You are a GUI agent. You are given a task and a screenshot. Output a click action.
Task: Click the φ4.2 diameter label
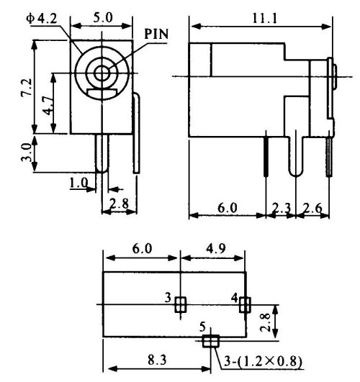(42, 19)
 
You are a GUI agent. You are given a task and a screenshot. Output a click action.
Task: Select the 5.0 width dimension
(102, 17)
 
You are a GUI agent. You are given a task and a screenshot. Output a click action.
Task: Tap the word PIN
(156, 34)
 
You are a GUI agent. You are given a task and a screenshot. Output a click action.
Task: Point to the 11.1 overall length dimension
(265, 18)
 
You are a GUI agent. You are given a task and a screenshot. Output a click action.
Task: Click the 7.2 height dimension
(27, 88)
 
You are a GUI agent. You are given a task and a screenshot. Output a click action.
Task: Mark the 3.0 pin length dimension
(26, 153)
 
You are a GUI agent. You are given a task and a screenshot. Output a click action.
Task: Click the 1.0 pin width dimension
(78, 183)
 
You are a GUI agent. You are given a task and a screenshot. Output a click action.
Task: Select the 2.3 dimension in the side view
(282, 208)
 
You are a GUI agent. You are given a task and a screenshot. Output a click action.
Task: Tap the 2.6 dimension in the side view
(312, 208)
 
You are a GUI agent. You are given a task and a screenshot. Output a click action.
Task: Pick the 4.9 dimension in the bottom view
(215, 249)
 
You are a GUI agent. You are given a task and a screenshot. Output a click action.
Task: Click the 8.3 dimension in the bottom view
(157, 360)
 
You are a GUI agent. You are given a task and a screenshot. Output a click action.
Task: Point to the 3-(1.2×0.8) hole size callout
(263, 361)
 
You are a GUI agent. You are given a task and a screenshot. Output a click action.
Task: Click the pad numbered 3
(181, 304)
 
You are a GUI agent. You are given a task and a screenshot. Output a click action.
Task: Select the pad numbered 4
(245, 305)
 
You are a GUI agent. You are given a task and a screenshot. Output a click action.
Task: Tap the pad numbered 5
(211, 341)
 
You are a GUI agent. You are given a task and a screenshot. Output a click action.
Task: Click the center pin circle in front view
(102, 73)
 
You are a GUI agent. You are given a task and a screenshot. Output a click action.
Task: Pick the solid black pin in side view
(266, 156)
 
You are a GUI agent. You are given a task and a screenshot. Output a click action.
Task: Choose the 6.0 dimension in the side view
(227, 208)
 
